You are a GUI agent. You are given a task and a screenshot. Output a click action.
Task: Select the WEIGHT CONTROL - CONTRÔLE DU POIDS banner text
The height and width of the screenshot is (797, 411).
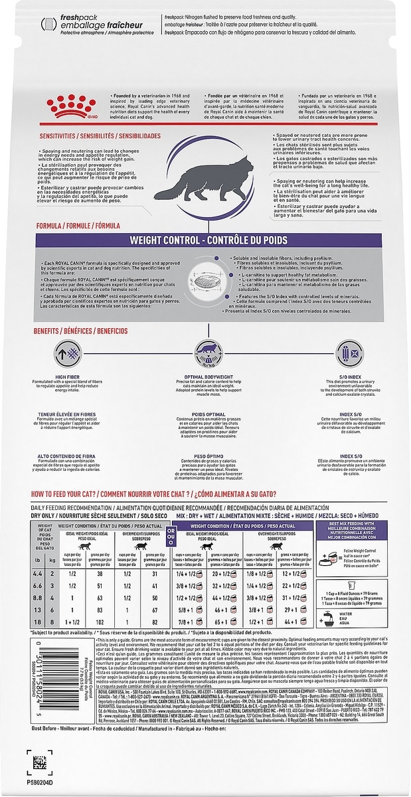pyautogui.click(x=205, y=240)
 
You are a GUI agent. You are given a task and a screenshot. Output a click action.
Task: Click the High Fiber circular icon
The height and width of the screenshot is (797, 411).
pyautogui.click(x=68, y=352)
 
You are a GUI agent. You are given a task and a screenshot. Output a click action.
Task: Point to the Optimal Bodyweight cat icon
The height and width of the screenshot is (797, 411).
pyautogui.click(x=205, y=353)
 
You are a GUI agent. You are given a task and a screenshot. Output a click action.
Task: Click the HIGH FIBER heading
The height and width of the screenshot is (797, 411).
pyautogui.click(x=68, y=377)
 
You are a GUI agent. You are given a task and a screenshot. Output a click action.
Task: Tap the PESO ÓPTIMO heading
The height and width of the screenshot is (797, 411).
pyautogui.click(x=205, y=457)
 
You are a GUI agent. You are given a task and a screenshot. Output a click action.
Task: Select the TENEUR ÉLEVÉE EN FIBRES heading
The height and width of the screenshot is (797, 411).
pyautogui.click(x=68, y=414)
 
